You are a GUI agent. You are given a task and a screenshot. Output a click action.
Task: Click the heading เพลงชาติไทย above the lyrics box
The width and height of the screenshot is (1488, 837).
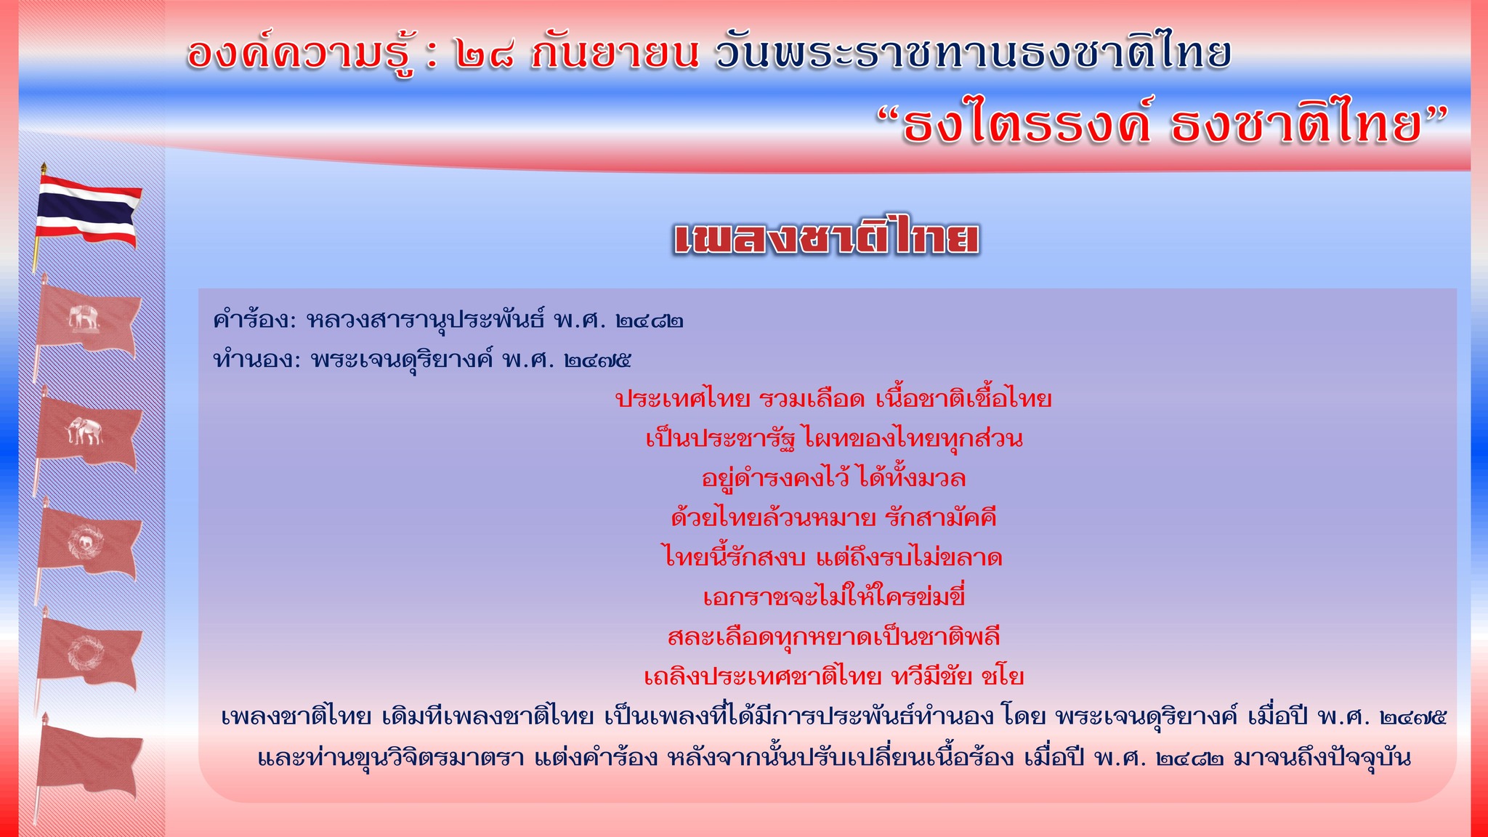click(x=827, y=238)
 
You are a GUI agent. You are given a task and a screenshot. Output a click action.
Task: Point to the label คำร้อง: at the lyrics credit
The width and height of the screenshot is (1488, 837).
click(x=254, y=320)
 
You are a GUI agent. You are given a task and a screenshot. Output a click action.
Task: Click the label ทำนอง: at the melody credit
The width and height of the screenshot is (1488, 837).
click(x=256, y=360)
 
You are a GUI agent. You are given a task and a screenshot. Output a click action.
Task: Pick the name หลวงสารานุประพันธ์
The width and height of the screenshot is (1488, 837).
click(x=425, y=320)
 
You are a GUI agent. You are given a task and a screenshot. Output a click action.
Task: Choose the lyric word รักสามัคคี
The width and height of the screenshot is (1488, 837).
click(x=942, y=517)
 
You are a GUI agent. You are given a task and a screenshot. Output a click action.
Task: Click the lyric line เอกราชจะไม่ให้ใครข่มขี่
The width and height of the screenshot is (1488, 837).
click(x=834, y=597)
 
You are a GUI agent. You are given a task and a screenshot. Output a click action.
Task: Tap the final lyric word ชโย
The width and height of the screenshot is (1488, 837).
click(x=1003, y=676)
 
